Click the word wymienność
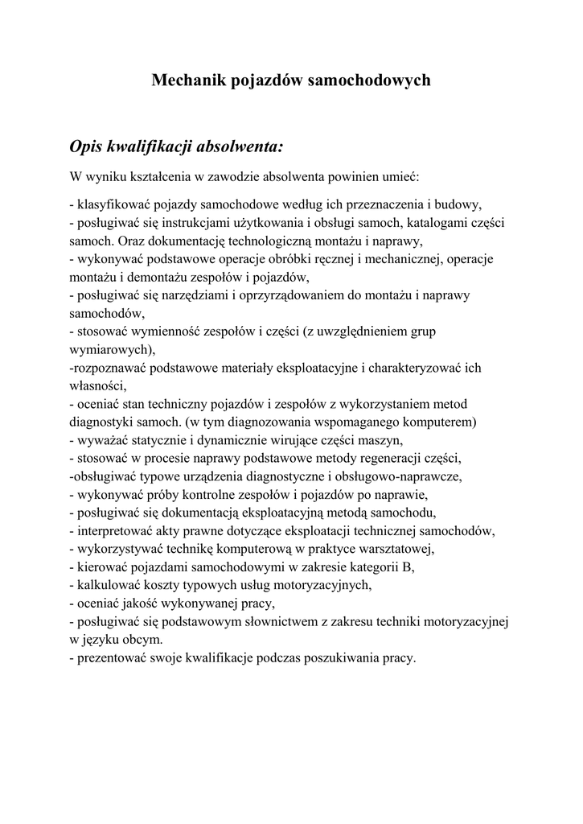[160, 332]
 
